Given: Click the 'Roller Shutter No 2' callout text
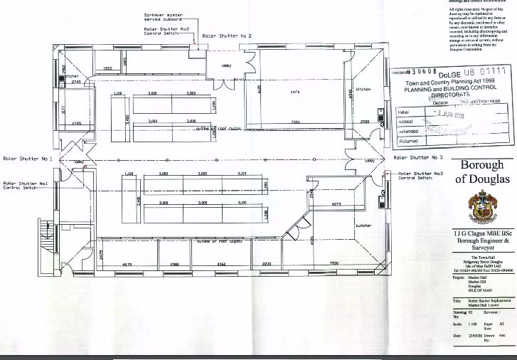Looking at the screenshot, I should coord(227,36).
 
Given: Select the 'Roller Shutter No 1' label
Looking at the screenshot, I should coord(28,157).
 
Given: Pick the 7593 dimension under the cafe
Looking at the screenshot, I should coord(294,122).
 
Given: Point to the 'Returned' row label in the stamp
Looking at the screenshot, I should coord(407,140).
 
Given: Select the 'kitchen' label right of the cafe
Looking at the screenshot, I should coord(363,90).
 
